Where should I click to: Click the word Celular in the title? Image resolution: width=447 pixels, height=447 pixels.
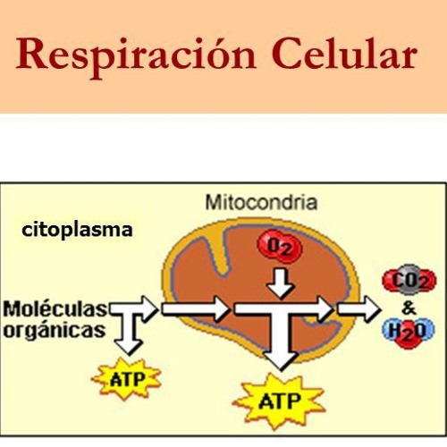344,54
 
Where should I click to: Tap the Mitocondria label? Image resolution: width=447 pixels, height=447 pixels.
261,203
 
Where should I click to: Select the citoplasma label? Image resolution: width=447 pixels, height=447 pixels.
77,231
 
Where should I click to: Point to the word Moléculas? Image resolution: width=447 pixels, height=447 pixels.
55,309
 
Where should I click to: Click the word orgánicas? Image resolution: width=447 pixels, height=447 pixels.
55,331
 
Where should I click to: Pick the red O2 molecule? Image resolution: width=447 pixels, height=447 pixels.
280,247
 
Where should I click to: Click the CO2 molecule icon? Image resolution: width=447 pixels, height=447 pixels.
409,280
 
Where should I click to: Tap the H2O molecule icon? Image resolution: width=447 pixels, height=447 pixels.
409,332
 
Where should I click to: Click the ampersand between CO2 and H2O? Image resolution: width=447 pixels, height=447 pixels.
409,308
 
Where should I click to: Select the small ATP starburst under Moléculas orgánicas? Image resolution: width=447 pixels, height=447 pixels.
126,379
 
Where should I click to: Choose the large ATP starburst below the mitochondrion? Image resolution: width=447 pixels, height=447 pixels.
279,401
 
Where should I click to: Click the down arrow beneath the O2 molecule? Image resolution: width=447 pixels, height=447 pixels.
280,283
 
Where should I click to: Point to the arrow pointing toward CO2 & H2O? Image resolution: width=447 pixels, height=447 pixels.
358,309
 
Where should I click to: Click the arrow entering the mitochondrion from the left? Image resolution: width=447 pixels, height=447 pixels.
196,309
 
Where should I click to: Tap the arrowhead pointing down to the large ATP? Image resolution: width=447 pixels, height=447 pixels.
280,360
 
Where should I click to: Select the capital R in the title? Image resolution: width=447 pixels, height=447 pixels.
33,54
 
